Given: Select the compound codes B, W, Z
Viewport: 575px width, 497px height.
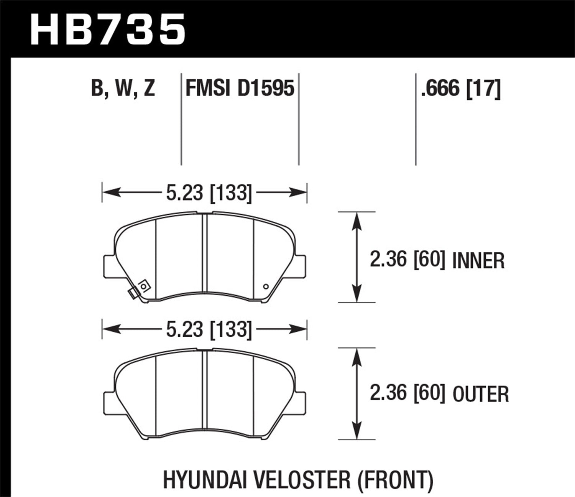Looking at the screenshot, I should [123, 89].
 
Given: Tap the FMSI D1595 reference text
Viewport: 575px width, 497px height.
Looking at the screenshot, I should [240, 89].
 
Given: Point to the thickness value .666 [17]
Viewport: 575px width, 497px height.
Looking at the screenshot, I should [460, 89].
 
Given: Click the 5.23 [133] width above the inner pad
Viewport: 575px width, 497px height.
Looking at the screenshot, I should [209, 193].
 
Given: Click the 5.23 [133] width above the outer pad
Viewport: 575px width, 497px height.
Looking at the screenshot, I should [209, 329].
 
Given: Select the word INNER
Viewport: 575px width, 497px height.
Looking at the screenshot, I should [478, 261].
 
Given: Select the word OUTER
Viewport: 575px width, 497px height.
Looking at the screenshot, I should [481, 395].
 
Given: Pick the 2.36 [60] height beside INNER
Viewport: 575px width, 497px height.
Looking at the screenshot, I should [407, 260].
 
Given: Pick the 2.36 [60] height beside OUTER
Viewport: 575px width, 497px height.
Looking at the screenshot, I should [407, 394].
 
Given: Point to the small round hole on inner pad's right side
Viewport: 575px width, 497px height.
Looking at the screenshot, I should [266, 286].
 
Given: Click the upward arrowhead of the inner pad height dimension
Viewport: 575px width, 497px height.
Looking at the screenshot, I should [357, 220].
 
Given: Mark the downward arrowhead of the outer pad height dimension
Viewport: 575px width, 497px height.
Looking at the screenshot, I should [357, 431].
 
